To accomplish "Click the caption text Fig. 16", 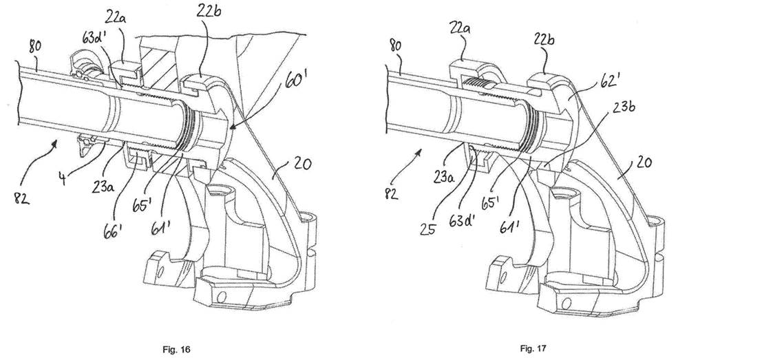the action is (x=176, y=349).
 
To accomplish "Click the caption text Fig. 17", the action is (x=533, y=348).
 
